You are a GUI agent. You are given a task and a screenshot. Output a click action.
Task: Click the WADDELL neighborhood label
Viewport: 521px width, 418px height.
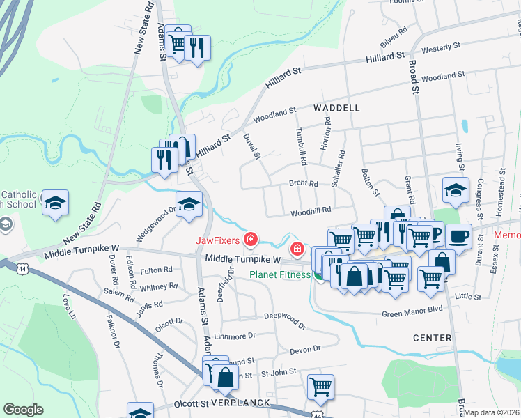(336, 108)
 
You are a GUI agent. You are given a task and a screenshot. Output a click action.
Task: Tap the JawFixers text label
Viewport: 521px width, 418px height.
(218, 241)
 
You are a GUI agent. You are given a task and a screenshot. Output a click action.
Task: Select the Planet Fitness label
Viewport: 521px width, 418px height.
(280, 274)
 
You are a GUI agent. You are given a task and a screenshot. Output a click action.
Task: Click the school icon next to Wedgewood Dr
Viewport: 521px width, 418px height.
(187, 204)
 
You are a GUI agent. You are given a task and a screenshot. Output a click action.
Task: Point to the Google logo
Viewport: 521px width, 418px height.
(24, 409)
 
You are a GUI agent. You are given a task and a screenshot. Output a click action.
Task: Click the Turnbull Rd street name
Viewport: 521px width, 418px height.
(301, 146)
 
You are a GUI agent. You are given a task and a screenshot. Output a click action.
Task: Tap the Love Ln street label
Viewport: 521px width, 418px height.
(68, 304)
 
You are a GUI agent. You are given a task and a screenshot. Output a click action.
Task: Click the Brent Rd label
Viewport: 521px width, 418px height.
(304, 184)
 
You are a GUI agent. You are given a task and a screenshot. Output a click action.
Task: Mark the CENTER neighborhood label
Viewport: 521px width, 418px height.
(432, 338)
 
